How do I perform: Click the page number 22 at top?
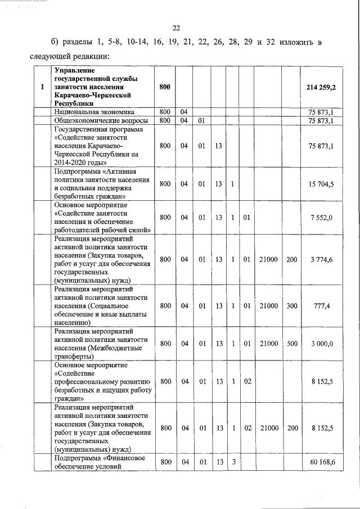(176, 28)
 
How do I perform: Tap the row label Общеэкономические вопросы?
(101, 120)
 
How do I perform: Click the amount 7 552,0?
(321, 218)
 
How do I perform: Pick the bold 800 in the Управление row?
(165, 88)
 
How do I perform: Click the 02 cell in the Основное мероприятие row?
(246, 381)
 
